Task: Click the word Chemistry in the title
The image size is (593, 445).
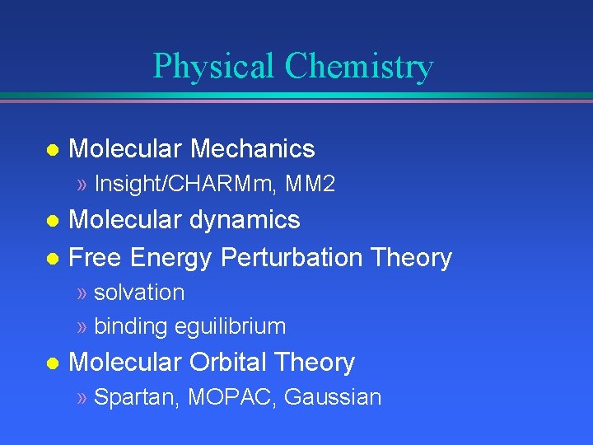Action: click(359, 67)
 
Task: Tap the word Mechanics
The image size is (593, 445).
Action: click(253, 148)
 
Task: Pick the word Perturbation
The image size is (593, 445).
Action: click(292, 258)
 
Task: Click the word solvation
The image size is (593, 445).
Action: click(139, 293)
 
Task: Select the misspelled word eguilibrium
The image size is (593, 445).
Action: click(231, 326)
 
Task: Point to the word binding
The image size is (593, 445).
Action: click(131, 326)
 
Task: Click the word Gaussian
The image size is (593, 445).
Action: click(333, 397)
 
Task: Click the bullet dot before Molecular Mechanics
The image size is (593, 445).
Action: click(51, 150)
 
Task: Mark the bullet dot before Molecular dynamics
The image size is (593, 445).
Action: click(51, 221)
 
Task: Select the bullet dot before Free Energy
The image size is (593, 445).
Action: click(51, 259)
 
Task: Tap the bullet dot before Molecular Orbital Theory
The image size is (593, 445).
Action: click(51, 363)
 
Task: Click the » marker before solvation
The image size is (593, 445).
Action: click(82, 293)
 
